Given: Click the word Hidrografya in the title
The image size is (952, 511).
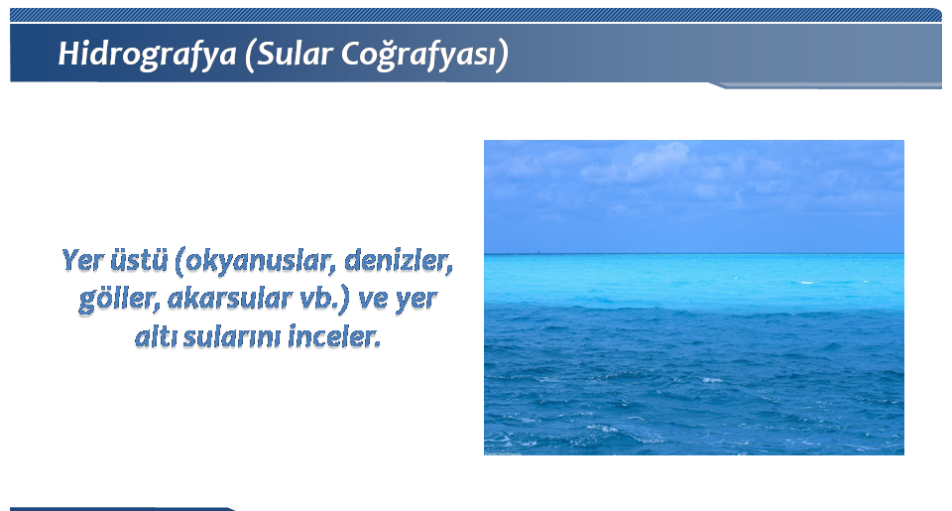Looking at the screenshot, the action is point(147,55).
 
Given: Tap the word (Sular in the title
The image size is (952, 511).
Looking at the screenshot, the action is point(289,55).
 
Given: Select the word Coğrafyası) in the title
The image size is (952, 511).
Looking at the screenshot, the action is point(424,55).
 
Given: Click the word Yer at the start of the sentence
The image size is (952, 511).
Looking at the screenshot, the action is point(82,261).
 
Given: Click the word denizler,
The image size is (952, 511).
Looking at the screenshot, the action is point(399,261).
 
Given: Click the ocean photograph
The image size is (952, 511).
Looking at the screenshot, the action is point(694,298).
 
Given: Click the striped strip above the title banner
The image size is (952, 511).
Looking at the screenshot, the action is point(475,15).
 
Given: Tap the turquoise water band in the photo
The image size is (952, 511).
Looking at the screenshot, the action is point(694,280).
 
